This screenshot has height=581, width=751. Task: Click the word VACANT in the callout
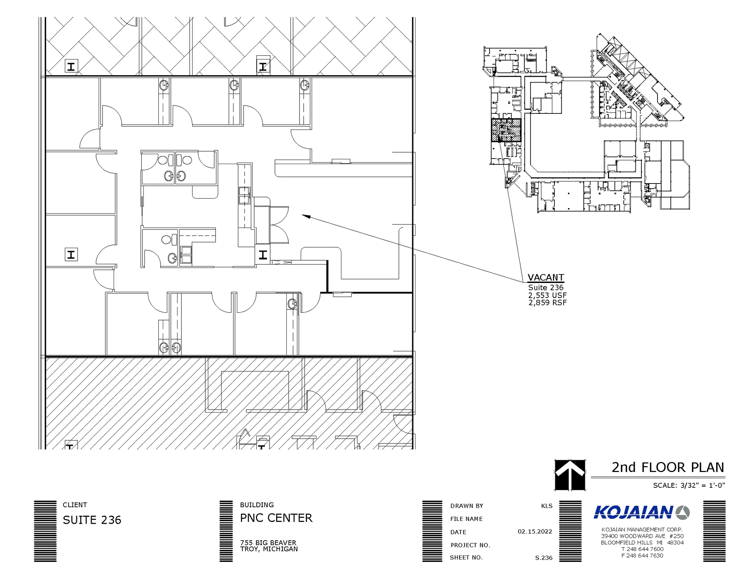pyautogui.click(x=545, y=277)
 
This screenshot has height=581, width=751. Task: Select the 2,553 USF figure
pyautogui.click(x=547, y=295)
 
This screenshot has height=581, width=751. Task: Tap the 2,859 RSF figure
pyautogui.click(x=547, y=303)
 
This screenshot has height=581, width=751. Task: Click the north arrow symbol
pyautogui.click(x=569, y=475)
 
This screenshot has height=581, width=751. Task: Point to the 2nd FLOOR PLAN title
pyautogui.click(x=667, y=467)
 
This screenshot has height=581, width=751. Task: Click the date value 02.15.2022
pyautogui.click(x=535, y=531)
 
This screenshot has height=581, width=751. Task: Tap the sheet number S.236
pyautogui.click(x=543, y=558)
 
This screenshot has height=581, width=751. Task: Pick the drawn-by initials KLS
pyautogui.click(x=546, y=506)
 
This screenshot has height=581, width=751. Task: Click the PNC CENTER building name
pyautogui.click(x=276, y=518)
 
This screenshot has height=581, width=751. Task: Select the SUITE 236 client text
pyautogui.click(x=92, y=520)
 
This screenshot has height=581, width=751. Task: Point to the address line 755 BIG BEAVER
pyautogui.click(x=268, y=542)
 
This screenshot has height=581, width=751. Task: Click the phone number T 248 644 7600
pyautogui.click(x=642, y=549)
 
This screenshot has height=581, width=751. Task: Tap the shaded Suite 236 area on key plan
pyautogui.click(x=506, y=130)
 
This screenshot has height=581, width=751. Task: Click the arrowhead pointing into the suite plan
pyautogui.click(x=305, y=216)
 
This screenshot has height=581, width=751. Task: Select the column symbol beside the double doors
pyautogui.click(x=263, y=255)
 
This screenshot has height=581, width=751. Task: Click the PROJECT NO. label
pyautogui.click(x=470, y=545)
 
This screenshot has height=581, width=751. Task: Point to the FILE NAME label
pyautogui.click(x=466, y=519)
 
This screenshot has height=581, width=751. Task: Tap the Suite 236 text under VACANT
pyautogui.click(x=545, y=287)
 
